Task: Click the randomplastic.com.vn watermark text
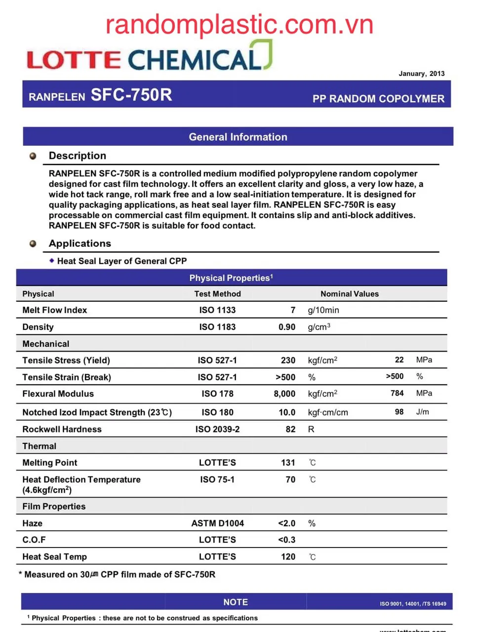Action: (239, 25)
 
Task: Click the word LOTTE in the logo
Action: (74, 60)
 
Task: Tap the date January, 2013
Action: (421, 74)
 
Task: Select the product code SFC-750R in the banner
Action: (131, 94)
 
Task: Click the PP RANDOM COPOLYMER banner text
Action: (378, 99)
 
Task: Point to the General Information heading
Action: (238, 137)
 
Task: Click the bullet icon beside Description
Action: (33, 156)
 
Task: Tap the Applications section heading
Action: (80, 243)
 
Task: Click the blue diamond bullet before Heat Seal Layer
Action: (51, 260)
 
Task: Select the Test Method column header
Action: (217, 294)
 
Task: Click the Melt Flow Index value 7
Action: (293, 310)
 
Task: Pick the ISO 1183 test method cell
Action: (217, 327)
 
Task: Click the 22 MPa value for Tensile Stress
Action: (399, 360)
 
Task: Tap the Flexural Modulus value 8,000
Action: (284, 394)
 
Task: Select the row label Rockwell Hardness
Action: (62, 429)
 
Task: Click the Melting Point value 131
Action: (288, 463)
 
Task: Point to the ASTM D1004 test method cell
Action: (217, 523)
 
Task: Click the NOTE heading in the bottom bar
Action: (236, 602)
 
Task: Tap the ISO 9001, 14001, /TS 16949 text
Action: (413, 604)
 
